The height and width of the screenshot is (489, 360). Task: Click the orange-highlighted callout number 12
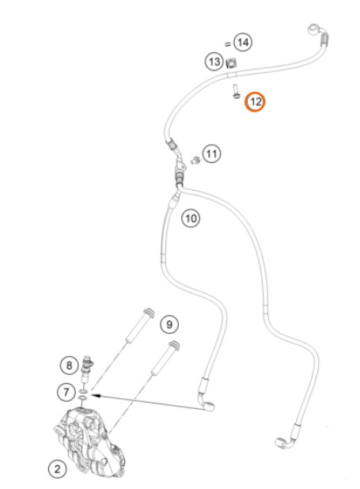[x=255, y=101]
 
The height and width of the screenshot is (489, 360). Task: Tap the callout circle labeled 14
[x=243, y=42]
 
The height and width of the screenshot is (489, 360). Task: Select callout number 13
[x=214, y=62]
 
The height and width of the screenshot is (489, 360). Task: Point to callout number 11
[x=211, y=154]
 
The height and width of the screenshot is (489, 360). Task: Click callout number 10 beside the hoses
[x=191, y=218]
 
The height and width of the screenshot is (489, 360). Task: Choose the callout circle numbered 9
[x=169, y=324]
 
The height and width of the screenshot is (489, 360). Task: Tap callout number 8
[x=69, y=366]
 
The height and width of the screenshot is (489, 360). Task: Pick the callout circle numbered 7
[x=66, y=392]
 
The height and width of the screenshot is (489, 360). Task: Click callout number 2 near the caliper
[x=58, y=469]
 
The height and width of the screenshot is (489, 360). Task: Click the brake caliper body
[x=89, y=442]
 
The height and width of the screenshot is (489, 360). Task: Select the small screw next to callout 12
[x=236, y=92]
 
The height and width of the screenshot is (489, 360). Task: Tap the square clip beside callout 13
[x=231, y=63]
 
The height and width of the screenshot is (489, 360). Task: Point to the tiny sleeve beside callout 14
[x=227, y=44]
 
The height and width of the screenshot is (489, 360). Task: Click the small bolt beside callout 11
[x=195, y=161]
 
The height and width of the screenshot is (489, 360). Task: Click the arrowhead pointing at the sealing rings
[x=95, y=396]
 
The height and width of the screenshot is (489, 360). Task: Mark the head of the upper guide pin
[x=149, y=313]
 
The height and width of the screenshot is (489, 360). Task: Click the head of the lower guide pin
[x=174, y=346]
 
